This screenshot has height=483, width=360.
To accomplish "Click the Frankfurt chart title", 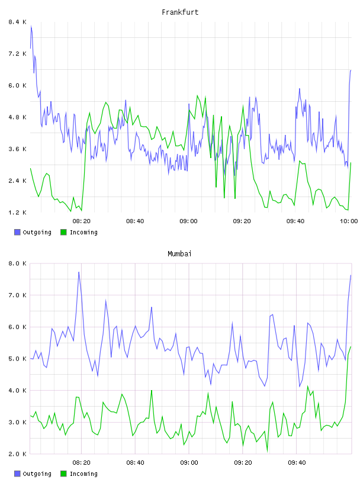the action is pos(180,12).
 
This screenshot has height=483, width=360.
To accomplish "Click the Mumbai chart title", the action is pos(179,254).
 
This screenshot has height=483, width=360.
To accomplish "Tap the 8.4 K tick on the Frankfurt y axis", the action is pos(17,22).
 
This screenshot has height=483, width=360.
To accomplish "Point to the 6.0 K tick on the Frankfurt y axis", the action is pos(17,85).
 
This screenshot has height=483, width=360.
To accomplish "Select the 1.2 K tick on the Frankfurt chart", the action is pos(17,212).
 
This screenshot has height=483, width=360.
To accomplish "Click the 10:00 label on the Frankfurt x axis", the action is pos(349,221).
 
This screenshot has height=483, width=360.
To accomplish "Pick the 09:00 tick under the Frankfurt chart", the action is pos(188,221).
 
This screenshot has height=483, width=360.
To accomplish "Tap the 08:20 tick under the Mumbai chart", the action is pos(81,462).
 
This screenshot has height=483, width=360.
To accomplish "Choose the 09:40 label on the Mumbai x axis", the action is pos(297,462).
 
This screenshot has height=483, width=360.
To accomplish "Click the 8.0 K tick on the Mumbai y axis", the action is pos(17,263).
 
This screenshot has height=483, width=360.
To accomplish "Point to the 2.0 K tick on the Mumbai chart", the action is pos(17,454).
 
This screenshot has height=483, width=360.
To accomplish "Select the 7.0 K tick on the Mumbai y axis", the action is pos(17,295).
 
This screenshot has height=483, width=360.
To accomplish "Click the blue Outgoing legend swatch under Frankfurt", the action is pos(17,232).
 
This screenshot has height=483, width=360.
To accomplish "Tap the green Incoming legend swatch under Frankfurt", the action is pos(63,232).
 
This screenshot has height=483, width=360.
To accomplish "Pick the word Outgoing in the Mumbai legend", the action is pos(37,474).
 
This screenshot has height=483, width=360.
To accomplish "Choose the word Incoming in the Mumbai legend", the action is pos(83,474).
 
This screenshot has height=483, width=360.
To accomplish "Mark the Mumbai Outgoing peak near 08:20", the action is pos(79,272).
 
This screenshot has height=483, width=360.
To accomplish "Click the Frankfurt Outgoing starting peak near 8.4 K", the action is pos(31,26).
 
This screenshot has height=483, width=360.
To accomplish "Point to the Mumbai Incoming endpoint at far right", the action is pos(351,347).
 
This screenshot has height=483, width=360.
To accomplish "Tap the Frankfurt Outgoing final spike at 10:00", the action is pos(351,71).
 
